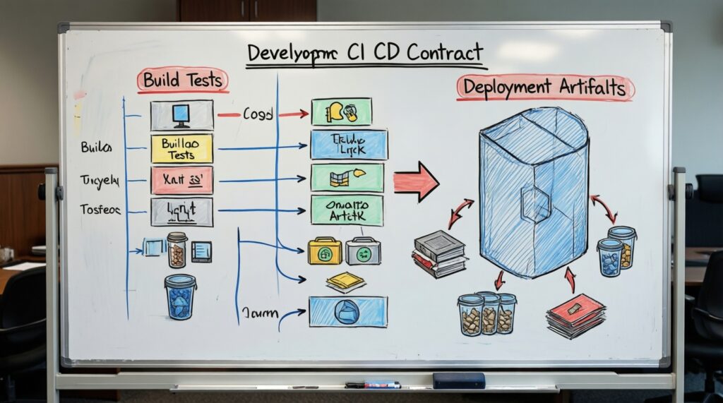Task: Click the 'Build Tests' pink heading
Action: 181,80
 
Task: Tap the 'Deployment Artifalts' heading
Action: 545,88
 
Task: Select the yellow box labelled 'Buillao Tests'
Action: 181,148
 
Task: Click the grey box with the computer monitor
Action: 181,114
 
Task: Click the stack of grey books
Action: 439,253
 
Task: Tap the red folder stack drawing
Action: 575,314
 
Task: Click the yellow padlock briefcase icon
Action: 325,251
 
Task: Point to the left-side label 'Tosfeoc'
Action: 99,209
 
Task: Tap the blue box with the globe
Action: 348,311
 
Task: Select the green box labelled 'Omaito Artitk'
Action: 347,210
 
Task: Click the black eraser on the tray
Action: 458,380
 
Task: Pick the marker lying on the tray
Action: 374,385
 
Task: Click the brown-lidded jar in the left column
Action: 177,250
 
